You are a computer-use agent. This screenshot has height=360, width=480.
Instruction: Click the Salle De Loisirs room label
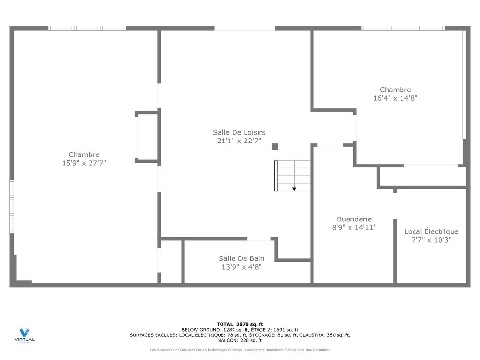(x=239, y=132)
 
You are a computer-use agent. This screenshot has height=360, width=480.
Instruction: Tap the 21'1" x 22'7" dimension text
(x=239, y=141)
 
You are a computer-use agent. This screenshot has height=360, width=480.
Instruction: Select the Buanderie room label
(x=354, y=219)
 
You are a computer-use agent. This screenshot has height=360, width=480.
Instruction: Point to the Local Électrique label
(x=431, y=231)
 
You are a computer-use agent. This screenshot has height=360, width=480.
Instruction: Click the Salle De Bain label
(x=241, y=258)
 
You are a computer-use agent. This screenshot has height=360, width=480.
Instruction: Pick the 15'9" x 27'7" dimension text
(x=84, y=163)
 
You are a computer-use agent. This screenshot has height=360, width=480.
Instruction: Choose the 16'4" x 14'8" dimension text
(x=395, y=98)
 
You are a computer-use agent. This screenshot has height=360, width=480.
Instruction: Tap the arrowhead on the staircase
(x=294, y=189)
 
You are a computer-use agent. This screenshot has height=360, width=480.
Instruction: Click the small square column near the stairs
(x=274, y=147)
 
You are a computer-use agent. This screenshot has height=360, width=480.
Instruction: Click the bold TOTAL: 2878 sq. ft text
(x=240, y=324)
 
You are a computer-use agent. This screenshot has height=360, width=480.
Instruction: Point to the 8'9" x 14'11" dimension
(x=354, y=227)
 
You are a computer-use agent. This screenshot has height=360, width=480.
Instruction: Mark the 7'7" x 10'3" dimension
(x=431, y=240)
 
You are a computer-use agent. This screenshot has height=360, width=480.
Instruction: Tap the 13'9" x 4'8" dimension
(x=241, y=267)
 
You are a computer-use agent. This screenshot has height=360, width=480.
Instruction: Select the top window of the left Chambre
(x=87, y=28)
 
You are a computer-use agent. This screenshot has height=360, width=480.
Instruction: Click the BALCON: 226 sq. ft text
(x=240, y=340)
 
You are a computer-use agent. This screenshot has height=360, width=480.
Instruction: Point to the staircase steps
(x=292, y=175)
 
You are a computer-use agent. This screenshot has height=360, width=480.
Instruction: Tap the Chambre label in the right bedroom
(x=395, y=90)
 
